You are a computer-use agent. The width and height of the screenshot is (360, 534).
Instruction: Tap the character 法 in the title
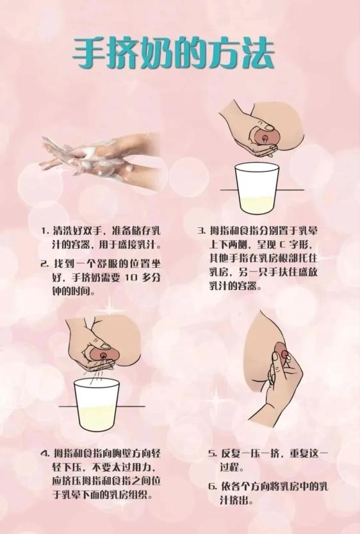coord(258,51)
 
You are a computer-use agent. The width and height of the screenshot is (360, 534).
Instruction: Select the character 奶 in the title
coord(157,51)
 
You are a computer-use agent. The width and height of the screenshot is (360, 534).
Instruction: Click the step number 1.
coord(44,231)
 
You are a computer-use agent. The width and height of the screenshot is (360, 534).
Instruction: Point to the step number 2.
coord(44,264)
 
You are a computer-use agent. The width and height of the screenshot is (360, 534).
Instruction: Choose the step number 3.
coord(201,231)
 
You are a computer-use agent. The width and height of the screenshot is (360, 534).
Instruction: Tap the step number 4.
coord(44,453)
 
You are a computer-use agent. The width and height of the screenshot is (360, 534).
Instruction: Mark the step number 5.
coord(212,453)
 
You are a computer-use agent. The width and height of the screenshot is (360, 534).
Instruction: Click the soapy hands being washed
coord(101,161)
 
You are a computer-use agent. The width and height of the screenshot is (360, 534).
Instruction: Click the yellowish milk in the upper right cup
coord(257,204)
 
